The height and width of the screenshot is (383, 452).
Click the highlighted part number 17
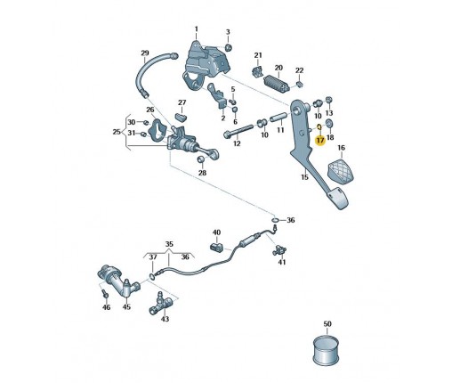pyautogui.click(x=320, y=140)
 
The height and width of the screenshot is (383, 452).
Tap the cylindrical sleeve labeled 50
pyautogui.click(x=327, y=350)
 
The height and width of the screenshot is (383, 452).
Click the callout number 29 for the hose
pyautogui.click(x=145, y=53)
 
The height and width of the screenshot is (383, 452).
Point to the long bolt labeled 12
pyautogui.click(x=238, y=131)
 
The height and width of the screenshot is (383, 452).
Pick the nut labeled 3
pyautogui.click(x=228, y=47)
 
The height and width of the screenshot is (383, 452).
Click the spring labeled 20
pyautogui.click(x=277, y=83)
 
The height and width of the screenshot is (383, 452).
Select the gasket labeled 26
pyautogui.click(x=158, y=130)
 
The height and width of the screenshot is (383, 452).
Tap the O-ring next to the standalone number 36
pyautogui.click(x=275, y=220)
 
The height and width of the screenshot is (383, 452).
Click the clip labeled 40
pyautogui.click(x=217, y=248)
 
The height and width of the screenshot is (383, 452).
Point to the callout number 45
pyautogui.click(x=126, y=306)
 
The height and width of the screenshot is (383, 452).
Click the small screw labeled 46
pyautogui.click(x=105, y=294)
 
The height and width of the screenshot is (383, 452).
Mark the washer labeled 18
pyautogui.click(x=329, y=123)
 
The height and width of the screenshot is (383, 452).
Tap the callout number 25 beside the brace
pyautogui.click(x=117, y=132)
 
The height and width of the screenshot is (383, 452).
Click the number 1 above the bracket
pyautogui.click(x=196, y=29)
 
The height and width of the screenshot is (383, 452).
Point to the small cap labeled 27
pyautogui.click(x=181, y=117)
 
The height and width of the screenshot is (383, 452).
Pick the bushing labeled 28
pyautogui.click(x=201, y=159)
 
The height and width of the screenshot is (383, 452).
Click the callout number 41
pyautogui.click(x=282, y=262)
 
